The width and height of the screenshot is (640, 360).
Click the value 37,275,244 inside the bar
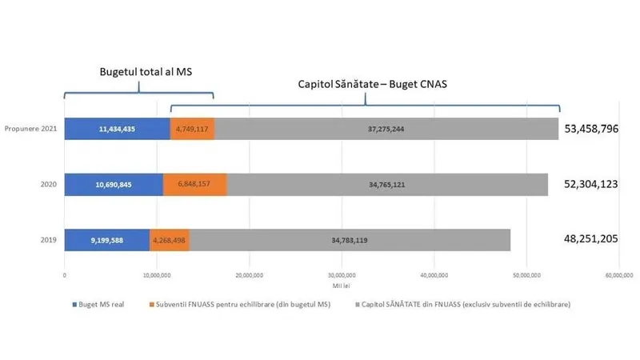tap(386, 128)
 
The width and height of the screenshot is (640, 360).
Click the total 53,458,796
tap(592, 128)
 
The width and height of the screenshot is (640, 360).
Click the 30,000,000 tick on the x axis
tap(342, 275)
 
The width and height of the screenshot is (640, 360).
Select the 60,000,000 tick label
tap(618, 275)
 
